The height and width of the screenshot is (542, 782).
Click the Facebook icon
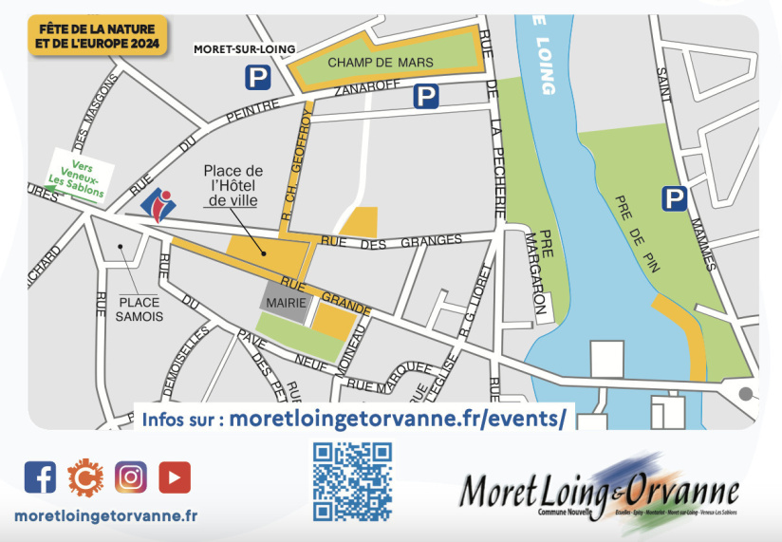point(40,476)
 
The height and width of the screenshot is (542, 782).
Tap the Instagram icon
point(131,476)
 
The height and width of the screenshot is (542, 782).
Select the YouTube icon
point(175,476)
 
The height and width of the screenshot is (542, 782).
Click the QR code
point(352,481)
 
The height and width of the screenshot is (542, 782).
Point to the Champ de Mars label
point(380,63)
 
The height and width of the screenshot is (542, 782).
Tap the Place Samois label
point(140,308)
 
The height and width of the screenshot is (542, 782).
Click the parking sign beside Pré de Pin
point(674,198)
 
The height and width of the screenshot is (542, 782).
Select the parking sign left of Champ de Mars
point(257,78)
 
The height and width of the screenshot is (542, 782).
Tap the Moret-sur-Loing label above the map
point(245,48)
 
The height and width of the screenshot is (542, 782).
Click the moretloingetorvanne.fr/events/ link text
point(398,418)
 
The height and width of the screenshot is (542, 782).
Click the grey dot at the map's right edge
point(746,393)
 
